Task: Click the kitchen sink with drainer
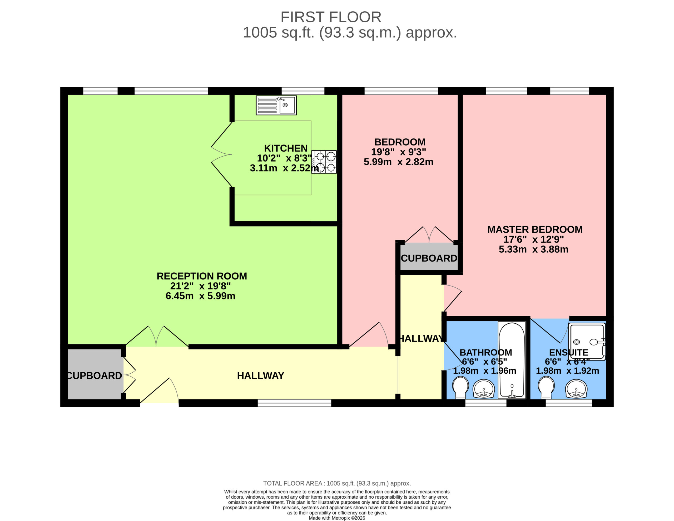click(x=276, y=105)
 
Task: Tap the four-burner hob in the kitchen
click(x=324, y=162)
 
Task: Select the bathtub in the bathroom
click(x=512, y=360)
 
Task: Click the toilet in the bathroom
click(x=460, y=387)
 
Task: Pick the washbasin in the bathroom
click(x=484, y=389)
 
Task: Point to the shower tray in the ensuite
click(x=587, y=342)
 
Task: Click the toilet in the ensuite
click(x=546, y=387)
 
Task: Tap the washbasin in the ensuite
click(x=576, y=389)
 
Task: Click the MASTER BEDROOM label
click(x=535, y=229)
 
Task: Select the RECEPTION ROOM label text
click(x=202, y=276)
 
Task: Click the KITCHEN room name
click(x=286, y=148)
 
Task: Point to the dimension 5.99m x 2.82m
click(x=398, y=162)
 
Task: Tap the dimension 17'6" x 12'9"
click(x=534, y=239)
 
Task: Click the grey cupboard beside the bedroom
click(x=429, y=257)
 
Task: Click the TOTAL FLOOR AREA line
click(x=337, y=483)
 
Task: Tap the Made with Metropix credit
click(x=337, y=518)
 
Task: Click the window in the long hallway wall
click(x=294, y=403)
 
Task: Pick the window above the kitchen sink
click(x=303, y=91)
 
